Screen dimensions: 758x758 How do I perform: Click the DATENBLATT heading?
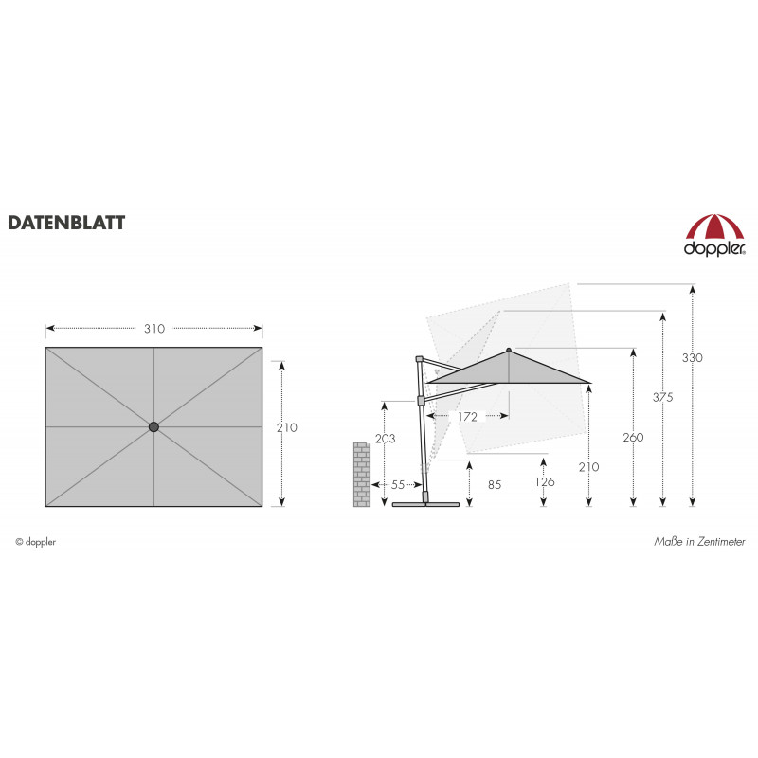point(66,223)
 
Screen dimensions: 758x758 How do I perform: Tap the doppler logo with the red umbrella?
point(714,235)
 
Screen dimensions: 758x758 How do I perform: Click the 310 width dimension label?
point(154,329)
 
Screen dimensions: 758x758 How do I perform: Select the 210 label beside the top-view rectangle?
point(287,427)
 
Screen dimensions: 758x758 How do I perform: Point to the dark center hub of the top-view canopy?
point(153,427)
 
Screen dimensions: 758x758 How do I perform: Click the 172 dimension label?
point(467,417)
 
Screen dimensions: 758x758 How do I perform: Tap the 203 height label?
point(386,439)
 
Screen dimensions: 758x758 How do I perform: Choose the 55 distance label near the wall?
point(398,484)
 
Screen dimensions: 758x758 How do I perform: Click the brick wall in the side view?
point(362,475)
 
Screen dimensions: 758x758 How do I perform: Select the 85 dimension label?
point(495,484)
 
